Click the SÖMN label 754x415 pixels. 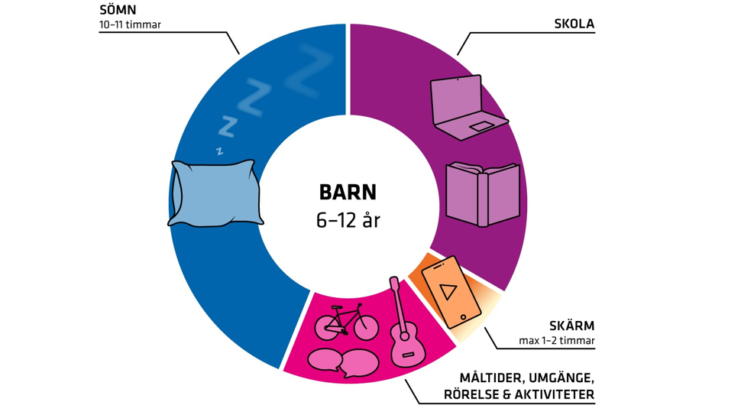tap(118, 11)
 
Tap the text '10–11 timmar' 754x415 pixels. tap(130, 25)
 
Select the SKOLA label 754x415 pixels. tap(574, 24)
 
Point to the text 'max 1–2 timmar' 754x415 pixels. tap(555, 341)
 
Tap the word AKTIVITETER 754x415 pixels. tap(556, 395)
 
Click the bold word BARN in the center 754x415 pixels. tap(348, 192)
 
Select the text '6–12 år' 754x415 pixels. tap(348, 221)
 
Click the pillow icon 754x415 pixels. tap(215, 193)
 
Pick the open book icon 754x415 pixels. tap(482, 193)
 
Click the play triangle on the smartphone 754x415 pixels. tap(449, 291)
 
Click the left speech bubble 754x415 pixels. tap(323, 359)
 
